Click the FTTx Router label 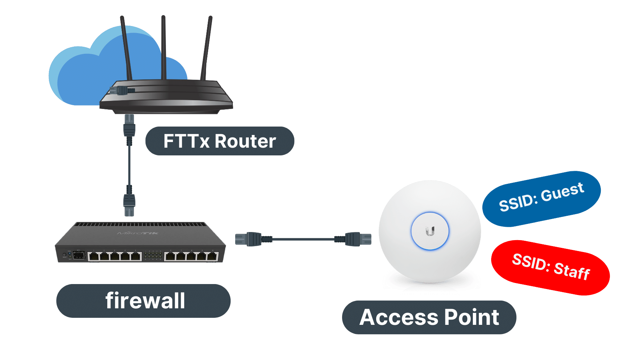(219, 141)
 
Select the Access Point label (429, 317)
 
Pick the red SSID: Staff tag (550, 267)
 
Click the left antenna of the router (126, 47)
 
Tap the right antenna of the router (207, 47)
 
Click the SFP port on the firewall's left (79, 255)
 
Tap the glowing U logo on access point (430, 231)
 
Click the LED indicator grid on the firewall (153, 255)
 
